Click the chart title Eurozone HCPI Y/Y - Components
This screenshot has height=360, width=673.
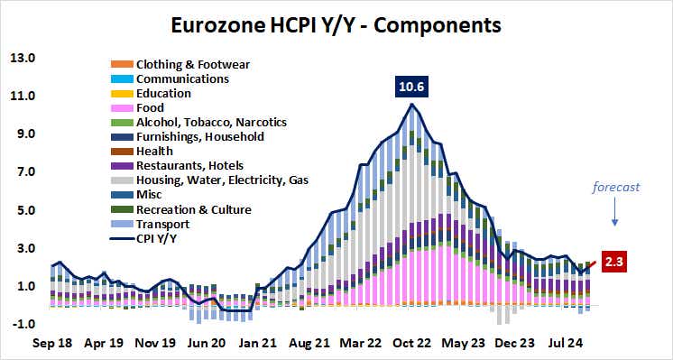coord(336,24)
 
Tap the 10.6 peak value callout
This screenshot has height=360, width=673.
coord(412,88)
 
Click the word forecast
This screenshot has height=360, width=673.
coord(616,189)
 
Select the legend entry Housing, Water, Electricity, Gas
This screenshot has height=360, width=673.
coord(222,180)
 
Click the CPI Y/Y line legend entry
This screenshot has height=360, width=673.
coord(158,238)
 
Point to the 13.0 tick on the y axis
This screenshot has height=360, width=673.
coord(22,59)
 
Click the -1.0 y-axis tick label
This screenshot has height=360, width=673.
coord(22,325)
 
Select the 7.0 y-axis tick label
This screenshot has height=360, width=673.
coord(22,172)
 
